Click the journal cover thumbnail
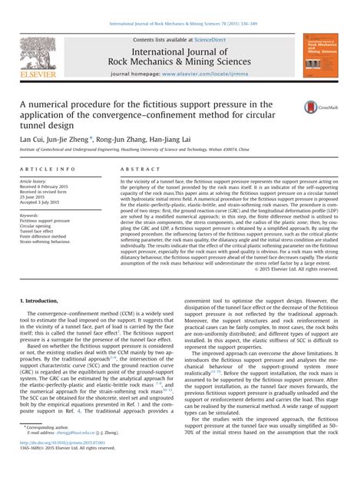point(323,56)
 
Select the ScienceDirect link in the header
point(216,39)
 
